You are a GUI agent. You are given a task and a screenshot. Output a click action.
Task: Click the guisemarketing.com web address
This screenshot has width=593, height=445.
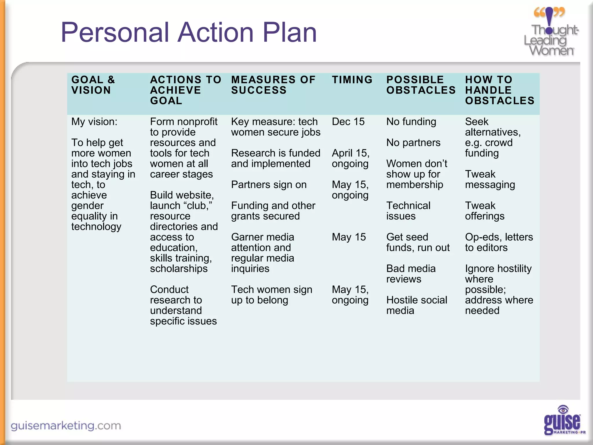pyautogui.click(x=66, y=426)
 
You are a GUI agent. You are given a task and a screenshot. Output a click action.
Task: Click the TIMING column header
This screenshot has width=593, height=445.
pyautogui.click(x=352, y=80)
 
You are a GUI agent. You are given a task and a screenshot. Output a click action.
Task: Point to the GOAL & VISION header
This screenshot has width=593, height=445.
pyautogui.click(x=93, y=85)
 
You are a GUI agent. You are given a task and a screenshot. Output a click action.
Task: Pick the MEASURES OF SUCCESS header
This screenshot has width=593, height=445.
pyautogui.click(x=273, y=85)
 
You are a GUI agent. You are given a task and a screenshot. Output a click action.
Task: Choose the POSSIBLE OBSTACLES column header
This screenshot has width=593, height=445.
pyautogui.click(x=421, y=85)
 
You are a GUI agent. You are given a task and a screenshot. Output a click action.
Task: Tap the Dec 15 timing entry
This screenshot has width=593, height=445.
pyautogui.click(x=348, y=122)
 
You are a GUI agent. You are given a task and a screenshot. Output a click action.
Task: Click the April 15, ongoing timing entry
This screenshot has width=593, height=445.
pyautogui.click(x=350, y=158)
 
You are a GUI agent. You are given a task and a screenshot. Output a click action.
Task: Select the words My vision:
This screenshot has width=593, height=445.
pyautogui.click(x=94, y=122)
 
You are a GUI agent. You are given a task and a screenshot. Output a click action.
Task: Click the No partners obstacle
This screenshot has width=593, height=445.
pyautogui.click(x=413, y=143)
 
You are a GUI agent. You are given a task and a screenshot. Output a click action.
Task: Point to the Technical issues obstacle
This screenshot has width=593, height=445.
pyautogui.click(x=408, y=211)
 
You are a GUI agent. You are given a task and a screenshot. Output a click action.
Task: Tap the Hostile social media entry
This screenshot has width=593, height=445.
pyautogui.click(x=416, y=305)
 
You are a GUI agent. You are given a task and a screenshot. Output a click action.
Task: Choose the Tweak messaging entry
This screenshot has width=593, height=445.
pyautogui.click(x=490, y=179)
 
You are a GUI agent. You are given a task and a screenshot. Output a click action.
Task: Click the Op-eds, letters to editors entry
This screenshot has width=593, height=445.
pyautogui.click(x=499, y=242)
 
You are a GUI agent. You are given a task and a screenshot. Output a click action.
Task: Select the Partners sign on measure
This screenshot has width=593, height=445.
pyautogui.click(x=269, y=185)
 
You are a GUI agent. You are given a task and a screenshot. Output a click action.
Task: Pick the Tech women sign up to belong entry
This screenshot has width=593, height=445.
pyautogui.click(x=271, y=295)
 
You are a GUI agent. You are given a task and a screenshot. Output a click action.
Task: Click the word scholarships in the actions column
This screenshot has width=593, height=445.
pyautogui.click(x=179, y=269)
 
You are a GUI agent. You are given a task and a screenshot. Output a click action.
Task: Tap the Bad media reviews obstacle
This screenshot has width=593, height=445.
pyautogui.click(x=411, y=274)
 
